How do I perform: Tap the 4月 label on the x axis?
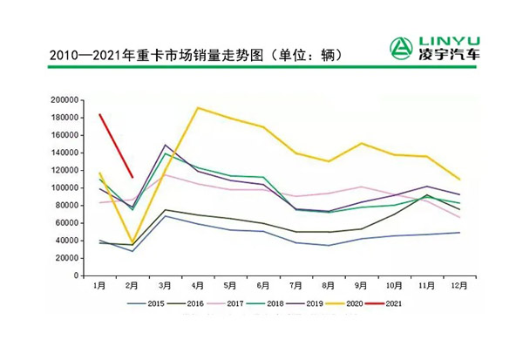[x=198, y=286]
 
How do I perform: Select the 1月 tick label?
[x=100, y=286]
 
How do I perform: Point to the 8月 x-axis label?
[x=329, y=286]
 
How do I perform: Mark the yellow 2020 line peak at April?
[x=198, y=108]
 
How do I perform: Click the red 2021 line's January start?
[x=100, y=114]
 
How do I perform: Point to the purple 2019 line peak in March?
[x=166, y=145]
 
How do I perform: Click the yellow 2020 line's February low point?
[x=132, y=242]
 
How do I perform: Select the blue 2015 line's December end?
[x=459, y=233]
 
